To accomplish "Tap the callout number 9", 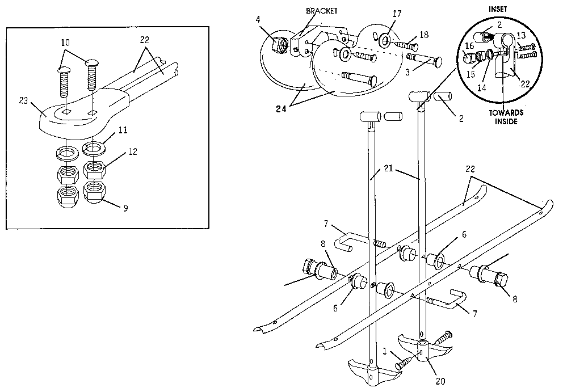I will pos(125,208).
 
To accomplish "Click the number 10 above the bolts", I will pos(66,43).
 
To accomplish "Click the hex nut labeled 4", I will pos(279,43).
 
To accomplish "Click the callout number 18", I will pos(424,33).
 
